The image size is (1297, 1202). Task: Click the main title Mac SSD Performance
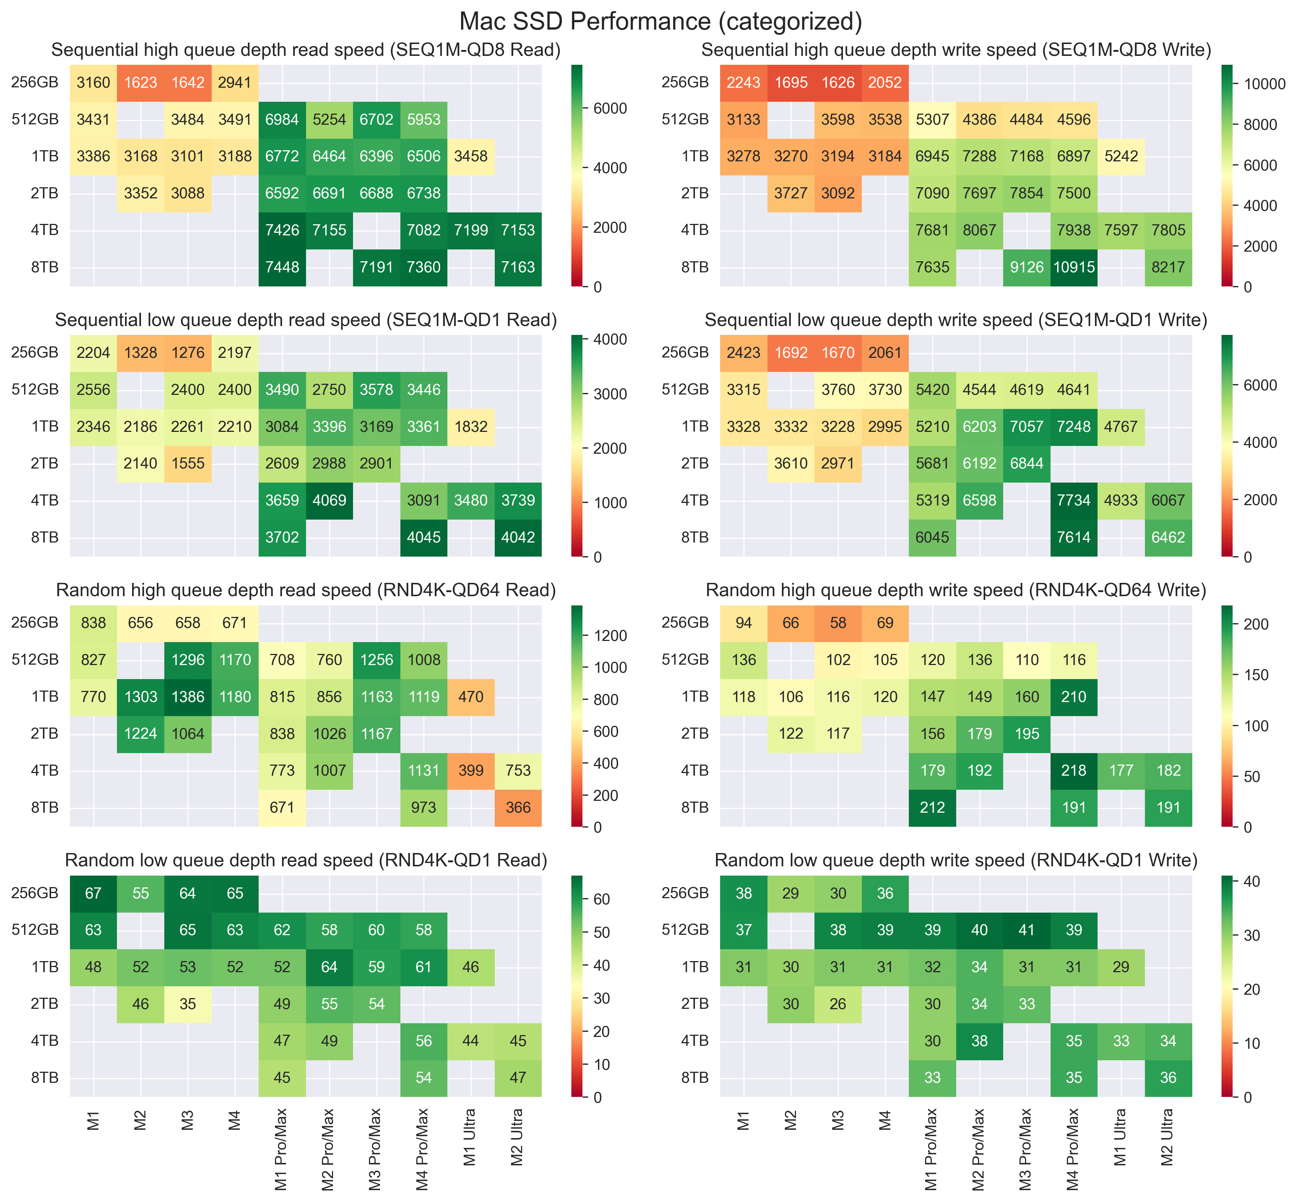tap(660, 21)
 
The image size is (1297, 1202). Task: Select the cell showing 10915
tap(1074, 267)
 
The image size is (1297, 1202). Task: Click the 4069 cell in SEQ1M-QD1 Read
tap(329, 501)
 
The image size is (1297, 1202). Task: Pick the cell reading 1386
tap(188, 696)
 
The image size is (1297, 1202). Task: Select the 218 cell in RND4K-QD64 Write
tap(1074, 771)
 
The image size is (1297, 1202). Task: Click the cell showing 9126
tap(1026, 267)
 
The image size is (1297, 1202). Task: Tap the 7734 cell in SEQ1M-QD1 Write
tap(1074, 501)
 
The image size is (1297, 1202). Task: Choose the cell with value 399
tap(471, 771)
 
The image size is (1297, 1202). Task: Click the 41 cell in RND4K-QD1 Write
tap(1026, 930)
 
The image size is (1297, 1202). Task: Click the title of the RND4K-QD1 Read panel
tap(306, 860)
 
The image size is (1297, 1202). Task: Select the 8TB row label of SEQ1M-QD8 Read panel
tap(44, 267)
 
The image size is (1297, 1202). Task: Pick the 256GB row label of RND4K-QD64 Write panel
tap(685, 623)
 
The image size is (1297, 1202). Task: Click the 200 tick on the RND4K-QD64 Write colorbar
tap(1256, 624)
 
